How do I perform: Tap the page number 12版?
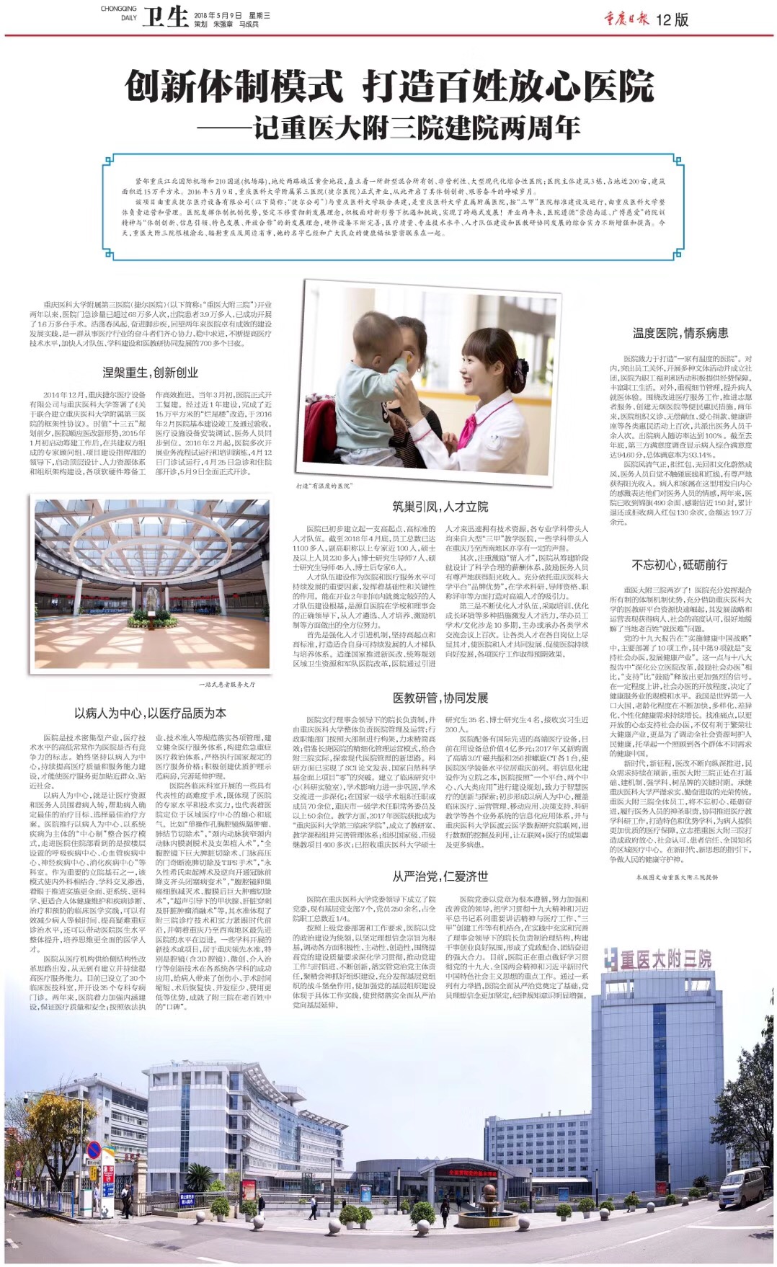tap(672, 19)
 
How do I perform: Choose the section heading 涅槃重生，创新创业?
tap(150, 372)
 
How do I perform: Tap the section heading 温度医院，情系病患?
tap(680, 332)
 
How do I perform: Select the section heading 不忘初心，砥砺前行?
tap(680, 564)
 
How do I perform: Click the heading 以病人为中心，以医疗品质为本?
tap(150, 713)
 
